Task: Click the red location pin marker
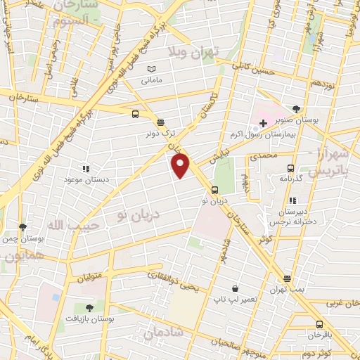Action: (181, 165)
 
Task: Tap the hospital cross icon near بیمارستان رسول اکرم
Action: (263, 123)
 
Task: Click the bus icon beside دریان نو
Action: (214, 189)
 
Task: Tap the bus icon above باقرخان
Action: (319, 324)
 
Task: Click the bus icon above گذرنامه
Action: (290, 168)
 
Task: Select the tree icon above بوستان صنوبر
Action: (296, 109)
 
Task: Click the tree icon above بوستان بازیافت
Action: (89, 308)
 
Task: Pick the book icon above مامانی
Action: (150, 69)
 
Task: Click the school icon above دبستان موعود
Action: (86, 169)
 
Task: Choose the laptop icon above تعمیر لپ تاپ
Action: (235, 288)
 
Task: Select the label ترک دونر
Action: (159, 133)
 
